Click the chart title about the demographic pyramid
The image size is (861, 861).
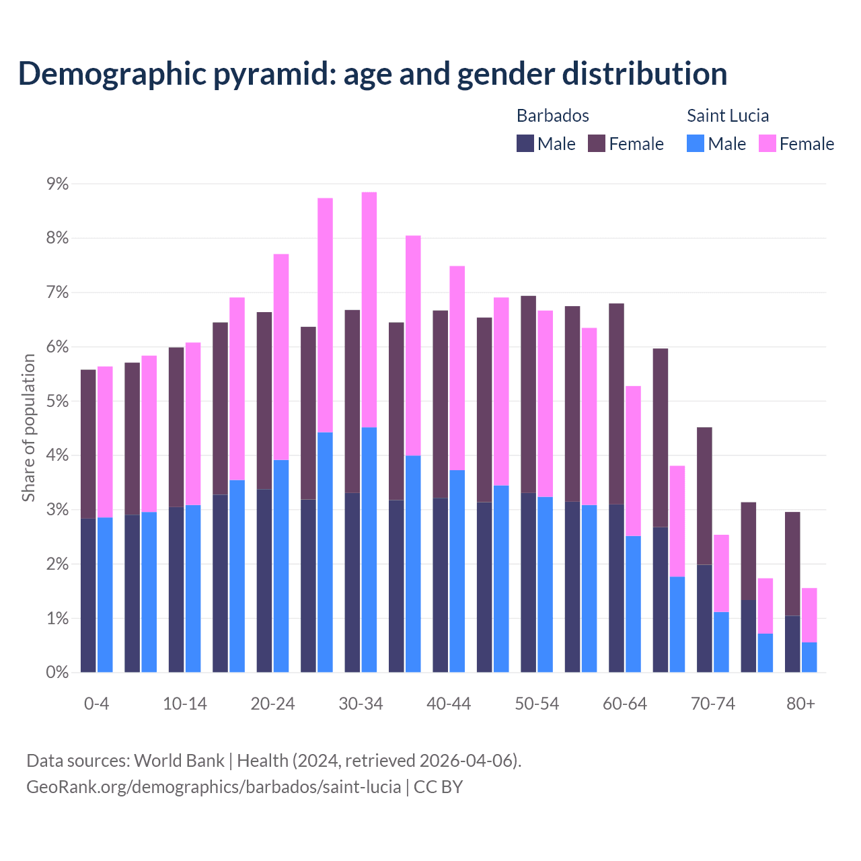(373, 74)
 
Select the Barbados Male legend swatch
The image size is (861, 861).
(525, 143)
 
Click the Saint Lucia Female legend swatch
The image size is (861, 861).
(767, 143)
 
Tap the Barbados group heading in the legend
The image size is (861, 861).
(552, 116)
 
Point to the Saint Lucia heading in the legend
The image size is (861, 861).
(727, 116)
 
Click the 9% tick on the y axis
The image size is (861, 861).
(57, 184)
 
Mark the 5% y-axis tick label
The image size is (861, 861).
(57, 402)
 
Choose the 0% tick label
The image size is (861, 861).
(57, 673)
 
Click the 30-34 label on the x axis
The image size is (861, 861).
(361, 704)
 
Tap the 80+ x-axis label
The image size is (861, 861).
(800, 704)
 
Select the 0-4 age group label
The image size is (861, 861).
(96, 704)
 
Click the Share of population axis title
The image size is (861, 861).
(28, 428)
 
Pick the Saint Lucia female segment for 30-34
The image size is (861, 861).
(369, 309)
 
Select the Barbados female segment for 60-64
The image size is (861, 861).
(616, 404)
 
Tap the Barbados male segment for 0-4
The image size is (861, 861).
(88, 595)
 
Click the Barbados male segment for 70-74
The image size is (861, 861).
(704, 618)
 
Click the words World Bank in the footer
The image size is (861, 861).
(179, 761)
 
